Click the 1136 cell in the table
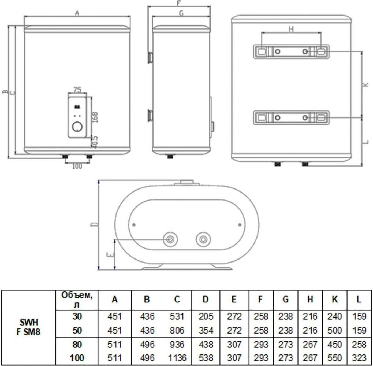tap(177, 358)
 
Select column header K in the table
tap(335, 299)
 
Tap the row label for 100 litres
tap(77, 358)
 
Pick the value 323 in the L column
tap(359, 358)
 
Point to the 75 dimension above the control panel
tap(77, 89)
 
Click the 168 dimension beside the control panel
tap(95, 117)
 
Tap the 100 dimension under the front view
tap(77, 166)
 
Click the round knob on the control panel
tap(77, 127)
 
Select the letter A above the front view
tap(77, 13)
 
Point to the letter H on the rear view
tap(292, 29)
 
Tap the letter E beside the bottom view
tap(110, 254)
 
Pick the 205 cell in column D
tap(206, 316)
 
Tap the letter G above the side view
tap(181, 13)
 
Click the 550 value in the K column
tap(335, 358)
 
